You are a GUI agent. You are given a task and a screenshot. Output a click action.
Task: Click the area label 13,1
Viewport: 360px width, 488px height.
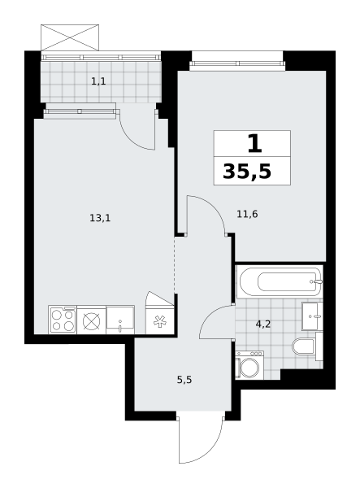coord(100,218)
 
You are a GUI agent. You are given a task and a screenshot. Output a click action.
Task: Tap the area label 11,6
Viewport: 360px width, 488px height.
coord(247,214)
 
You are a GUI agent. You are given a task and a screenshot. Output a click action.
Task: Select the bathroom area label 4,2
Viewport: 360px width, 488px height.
coord(263,325)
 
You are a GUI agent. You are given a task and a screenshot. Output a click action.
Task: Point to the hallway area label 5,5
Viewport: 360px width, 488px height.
coord(184,380)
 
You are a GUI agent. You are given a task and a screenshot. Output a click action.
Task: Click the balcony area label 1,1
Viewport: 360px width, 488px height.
coord(98,81)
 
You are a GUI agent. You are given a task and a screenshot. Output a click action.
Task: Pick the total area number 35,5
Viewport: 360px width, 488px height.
coord(247,172)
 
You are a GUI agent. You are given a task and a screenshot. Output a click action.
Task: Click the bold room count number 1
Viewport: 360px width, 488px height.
coord(254,144)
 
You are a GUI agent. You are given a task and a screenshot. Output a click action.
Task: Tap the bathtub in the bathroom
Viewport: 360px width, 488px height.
coord(280,281)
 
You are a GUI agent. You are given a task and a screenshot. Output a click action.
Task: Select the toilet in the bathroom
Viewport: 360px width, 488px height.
coord(303,346)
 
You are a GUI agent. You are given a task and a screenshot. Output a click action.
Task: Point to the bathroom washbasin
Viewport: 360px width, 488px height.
coord(312,316)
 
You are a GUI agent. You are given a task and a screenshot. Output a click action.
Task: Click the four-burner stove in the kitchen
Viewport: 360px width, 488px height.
coord(63,320)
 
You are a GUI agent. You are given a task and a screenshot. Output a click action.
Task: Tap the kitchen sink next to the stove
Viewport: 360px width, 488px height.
coord(120,320)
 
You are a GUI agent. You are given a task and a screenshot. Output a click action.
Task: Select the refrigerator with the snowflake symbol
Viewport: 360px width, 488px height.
coord(160,320)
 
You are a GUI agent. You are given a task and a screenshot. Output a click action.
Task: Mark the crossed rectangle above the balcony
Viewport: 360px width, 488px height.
coord(70,37)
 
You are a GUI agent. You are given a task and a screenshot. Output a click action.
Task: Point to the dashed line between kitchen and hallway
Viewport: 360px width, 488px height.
coord(175,265)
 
